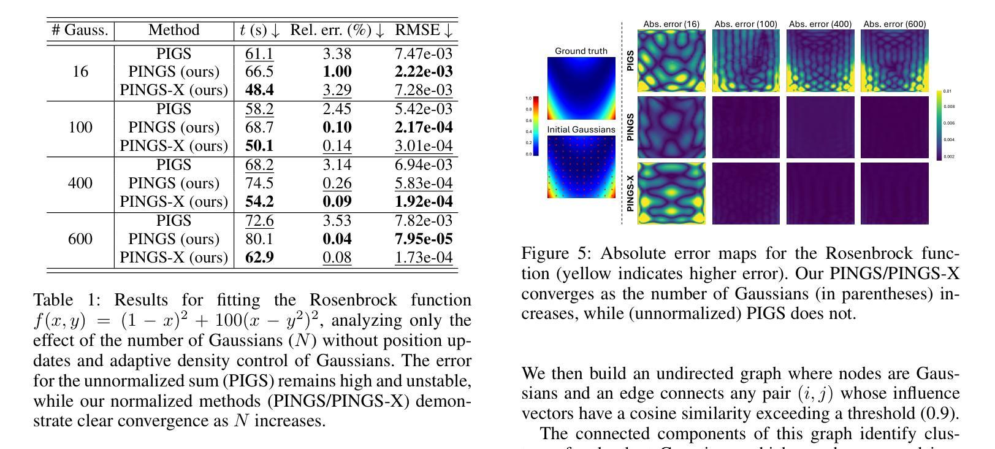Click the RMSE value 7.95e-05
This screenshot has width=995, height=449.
click(424, 239)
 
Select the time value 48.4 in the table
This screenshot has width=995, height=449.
click(259, 90)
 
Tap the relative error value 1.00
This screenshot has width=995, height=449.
click(337, 72)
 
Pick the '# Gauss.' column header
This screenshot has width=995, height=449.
click(80, 30)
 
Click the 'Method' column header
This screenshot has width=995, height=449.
click(174, 30)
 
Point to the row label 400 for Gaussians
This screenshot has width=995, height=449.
click(80, 183)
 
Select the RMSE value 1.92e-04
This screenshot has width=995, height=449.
click(424, 202)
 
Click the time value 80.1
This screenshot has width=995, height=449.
click(259, 239)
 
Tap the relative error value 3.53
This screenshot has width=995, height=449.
click(337, 220)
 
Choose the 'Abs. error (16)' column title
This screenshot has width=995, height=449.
click(671, 24)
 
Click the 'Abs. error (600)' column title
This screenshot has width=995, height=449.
click(894, 24)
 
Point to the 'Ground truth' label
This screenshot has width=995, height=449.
click(581, 51)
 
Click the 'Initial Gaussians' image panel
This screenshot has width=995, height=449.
click(581, 166)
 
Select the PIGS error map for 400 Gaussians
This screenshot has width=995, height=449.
click(820, 61)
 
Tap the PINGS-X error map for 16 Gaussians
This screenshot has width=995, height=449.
click(671, 193)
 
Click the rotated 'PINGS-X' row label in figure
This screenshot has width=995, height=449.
click(630, 193)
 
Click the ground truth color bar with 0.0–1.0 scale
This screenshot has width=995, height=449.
click(535, 126)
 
